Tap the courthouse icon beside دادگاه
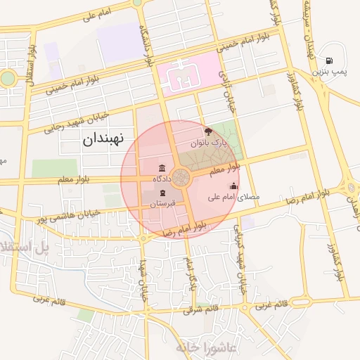click(162, 169)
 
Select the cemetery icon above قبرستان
click(162, 193)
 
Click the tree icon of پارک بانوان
click(208, 131)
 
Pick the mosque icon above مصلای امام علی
click(233, 186)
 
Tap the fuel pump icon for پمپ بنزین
click(330, 60)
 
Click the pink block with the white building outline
click(188, 74)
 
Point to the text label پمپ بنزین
click(330, 72)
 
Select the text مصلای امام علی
click(233, 198)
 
